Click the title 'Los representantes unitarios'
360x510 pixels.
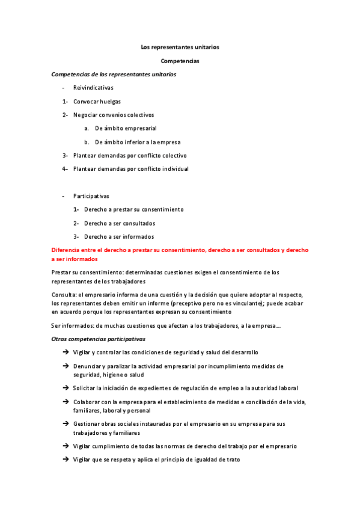tap(180, 47)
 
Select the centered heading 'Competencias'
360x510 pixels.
tap(180, 61)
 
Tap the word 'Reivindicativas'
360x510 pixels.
tap(93, 88)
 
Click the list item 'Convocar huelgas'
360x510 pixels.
tap(97, 102)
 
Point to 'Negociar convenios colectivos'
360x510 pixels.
tap(114, 115)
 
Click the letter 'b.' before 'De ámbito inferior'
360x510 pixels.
tap(87, 142)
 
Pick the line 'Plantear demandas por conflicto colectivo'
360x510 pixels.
tap(130, 155)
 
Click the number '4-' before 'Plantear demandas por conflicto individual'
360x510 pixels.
tap(65, 169)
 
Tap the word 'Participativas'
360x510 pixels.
tap(91, 196)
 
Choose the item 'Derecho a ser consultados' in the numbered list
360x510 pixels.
tap(120, 223)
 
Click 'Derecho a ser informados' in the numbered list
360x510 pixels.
tap(119, 236)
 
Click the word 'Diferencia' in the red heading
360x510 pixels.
tap(67, 250)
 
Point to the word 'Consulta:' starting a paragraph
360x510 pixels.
tap(64, 293)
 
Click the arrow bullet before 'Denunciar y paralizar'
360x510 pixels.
tap(65, 366)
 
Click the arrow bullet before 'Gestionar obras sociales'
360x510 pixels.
tap(65, 424)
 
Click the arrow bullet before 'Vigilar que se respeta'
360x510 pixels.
tap(65, 459)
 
